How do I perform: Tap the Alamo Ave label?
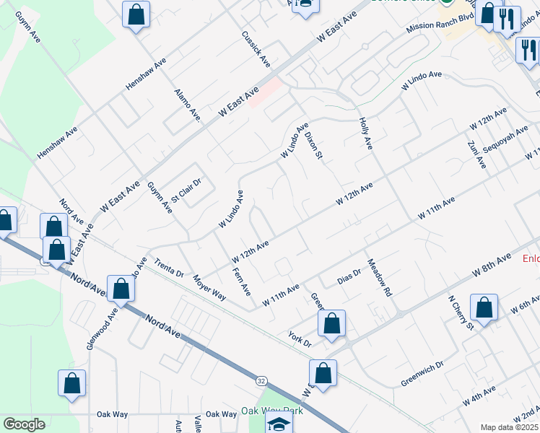coord(187,104)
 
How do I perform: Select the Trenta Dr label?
coord(170,267)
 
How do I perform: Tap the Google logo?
coord(25,424)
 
